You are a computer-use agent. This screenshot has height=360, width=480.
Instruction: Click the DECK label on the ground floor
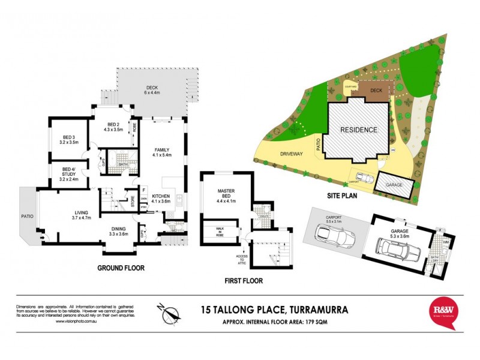click(149, 88)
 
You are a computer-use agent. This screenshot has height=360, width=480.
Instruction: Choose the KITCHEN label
click(163, 199)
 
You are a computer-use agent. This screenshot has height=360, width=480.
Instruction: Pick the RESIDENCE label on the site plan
click(359, 130)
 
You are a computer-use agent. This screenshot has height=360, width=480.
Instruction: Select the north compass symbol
click(171, 313)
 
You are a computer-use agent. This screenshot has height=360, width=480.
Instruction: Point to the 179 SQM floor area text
click(319, 322)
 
